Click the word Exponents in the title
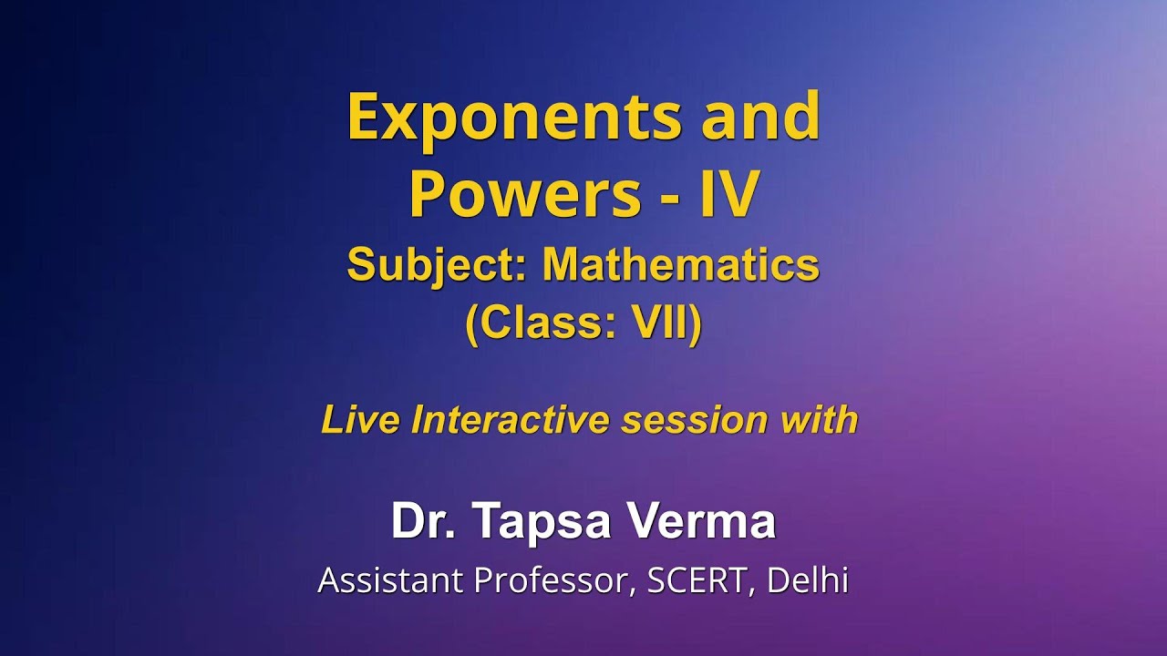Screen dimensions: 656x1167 pyautogui.click(x=514, y=117)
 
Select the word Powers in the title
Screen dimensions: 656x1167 pyautogui.click(x=524, y=194)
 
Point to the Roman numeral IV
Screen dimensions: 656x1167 pyautogui.click(x=728, y=194)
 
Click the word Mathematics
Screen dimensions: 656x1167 pyautogui.click(x=680, y=266)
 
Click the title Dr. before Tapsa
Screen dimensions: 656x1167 pyautogui.click(x=418, y=522)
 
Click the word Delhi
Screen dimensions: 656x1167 pyautogui.click(x=808, y=580)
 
